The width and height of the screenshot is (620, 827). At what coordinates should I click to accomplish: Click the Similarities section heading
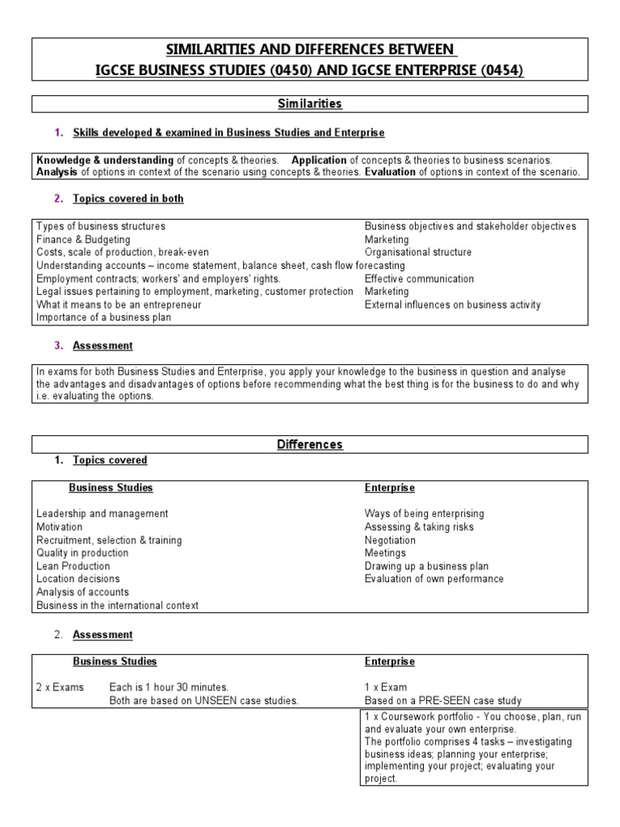(x=310, y=103)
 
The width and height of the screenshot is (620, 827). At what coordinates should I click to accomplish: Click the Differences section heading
(x=310, y=444)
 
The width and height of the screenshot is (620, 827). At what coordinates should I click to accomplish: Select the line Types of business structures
(x=101, y=226)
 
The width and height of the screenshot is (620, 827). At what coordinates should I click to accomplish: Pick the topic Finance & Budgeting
(x=83, y=240)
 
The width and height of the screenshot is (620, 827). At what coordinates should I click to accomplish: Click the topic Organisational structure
(x=418, y=253)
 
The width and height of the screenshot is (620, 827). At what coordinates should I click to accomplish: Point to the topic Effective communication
(x=420, y=279)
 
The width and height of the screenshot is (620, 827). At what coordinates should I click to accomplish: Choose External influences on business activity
(x=453, y=304)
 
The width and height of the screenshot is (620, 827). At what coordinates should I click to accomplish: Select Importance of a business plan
(x=103, y=317)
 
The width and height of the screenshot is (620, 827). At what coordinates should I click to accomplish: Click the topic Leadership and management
(x=103, y=514)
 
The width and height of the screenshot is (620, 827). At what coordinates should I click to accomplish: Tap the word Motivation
(x=60, y=527)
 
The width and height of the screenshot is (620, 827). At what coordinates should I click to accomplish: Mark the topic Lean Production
(x=73, y=566)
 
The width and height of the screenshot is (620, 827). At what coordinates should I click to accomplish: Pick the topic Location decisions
(x=78, y=579)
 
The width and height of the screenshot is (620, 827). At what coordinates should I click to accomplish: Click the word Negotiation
(x=391, y=540)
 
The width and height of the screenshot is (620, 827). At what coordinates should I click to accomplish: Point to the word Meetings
(x=386, y=553)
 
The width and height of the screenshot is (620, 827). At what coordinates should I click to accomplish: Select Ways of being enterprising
(x=425, y=514)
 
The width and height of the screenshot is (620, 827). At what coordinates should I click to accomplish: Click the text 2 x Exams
(x=58, y=687)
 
